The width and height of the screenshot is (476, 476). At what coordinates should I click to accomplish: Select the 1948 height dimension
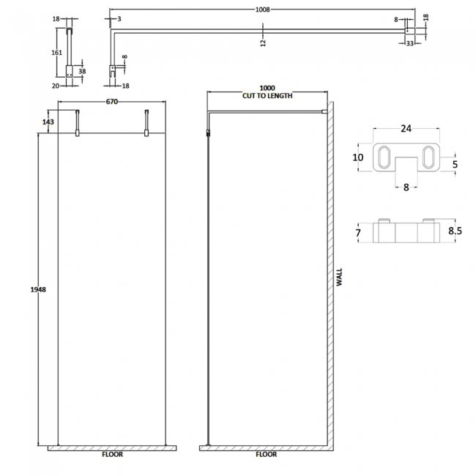pos(40,290)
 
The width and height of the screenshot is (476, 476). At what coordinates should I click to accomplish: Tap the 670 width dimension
pos(112,102)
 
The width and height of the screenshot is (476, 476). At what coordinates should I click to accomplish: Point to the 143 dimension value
pos(48,122)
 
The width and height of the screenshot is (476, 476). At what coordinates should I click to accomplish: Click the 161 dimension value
pos(56,53)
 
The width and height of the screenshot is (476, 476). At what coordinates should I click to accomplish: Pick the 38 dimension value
pos(82,71)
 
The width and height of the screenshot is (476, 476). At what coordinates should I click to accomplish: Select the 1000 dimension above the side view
pos(267,88)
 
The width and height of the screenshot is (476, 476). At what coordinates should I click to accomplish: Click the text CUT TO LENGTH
pos(267,96)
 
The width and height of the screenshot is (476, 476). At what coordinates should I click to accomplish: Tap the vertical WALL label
pos(338,278)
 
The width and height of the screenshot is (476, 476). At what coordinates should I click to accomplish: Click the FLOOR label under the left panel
pos(113,454)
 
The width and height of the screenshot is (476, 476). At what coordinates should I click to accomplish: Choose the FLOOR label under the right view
pos(267,454)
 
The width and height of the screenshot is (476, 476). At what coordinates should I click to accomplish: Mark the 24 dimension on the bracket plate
pos(406,128)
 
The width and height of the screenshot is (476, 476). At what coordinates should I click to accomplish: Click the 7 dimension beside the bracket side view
pos(358,232)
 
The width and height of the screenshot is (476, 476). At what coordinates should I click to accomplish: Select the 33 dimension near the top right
pos(411,43)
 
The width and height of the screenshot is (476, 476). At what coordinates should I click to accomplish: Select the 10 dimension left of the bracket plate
pos(358,157)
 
